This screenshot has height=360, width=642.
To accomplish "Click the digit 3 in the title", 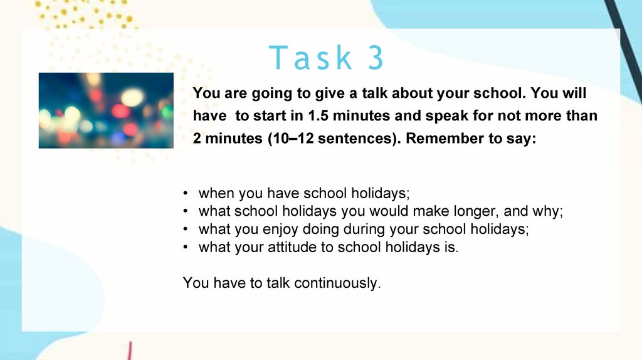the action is [x=376, y=57].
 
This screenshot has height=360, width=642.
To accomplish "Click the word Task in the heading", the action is [x=310, y=57].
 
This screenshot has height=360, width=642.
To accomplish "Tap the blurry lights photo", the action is [x=106, y=110].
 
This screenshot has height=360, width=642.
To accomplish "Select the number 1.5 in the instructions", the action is [x=318, y=115].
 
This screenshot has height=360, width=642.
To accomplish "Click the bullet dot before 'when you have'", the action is [x=186, y=193].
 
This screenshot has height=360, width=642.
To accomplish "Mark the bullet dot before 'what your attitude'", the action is [x=186, y=247].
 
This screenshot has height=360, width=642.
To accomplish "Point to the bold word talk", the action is [x=374, y=93].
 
